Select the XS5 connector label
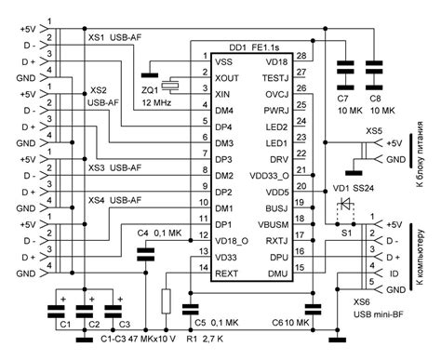point(372,132)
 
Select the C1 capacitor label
point(64,327)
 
